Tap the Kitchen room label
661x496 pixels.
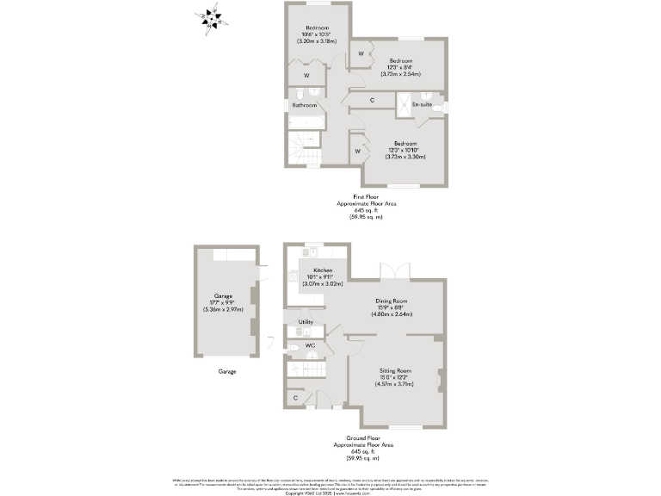(323, 270)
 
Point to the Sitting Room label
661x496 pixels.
(396, 370)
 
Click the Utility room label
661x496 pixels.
(306, 322)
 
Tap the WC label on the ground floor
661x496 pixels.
(311, 345)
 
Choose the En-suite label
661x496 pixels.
(422, 105)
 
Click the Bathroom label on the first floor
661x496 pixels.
(304, 105)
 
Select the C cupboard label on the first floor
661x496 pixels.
(372, 101)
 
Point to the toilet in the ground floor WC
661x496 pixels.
(293, 349)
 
